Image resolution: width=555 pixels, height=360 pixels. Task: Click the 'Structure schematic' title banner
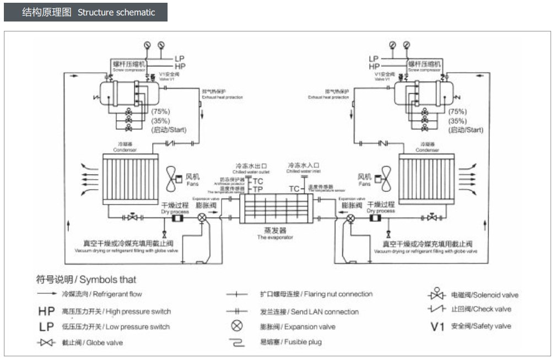pos(85,12)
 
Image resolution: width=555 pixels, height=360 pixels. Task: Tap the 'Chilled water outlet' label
pos(251,168)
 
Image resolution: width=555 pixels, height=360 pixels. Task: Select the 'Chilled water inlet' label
pos(304,168)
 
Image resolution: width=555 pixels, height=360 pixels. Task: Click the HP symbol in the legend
pos(47,311)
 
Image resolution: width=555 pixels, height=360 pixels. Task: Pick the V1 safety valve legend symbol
pos(437,326)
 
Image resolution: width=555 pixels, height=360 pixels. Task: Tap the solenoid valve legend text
pos(485,295)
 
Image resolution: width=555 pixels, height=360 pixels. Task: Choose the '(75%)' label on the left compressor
pos(161,111)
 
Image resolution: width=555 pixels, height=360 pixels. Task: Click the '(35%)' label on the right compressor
pos(458,121)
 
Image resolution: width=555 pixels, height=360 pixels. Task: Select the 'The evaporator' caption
pos(276,238)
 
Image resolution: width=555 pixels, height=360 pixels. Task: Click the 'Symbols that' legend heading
pos(86,280)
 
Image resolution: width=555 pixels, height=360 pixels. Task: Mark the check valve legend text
pos(481,309)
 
